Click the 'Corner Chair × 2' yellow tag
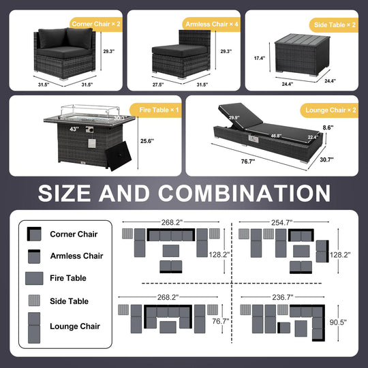point(96,24)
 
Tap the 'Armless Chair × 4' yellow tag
point(211,24)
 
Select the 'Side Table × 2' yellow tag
point(334,25)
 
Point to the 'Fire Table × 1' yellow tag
point(156,110)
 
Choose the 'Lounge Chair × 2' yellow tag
point(330,110)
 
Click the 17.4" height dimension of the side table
point(260,58)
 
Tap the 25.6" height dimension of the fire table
point(147,141)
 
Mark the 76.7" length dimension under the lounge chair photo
point(248,162)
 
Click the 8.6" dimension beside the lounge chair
point(328,127)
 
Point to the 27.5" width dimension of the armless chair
point(158,85)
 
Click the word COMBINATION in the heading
point(245,193)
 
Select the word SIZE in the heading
point(64,193)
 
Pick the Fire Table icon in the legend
point(34,278)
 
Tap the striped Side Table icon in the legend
point(34,301)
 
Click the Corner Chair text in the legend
point(74,234)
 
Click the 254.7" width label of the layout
point(282,222)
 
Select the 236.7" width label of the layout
point(283,297)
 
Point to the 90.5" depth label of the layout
point(338,322)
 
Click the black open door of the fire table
point(119,156)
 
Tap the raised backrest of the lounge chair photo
point(241,116)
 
